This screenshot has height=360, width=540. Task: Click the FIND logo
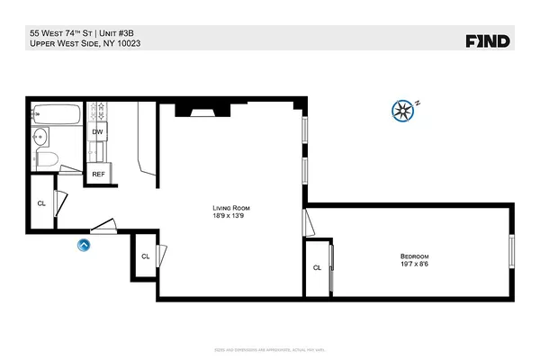(x=488, y=40)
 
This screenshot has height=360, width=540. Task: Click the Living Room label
(x=228, y=207)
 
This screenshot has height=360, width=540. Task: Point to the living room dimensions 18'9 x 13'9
(x=228, y=216)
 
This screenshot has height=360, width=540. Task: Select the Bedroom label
(x=414, y=256)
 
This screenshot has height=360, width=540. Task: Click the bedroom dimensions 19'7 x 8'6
(x=414, y=265)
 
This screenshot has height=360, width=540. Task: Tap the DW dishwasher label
(x=97, y=132)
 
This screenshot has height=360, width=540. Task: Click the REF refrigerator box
(x=98, y=174)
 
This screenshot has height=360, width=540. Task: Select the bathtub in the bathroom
(x=56, y=114)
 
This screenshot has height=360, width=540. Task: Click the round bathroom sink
(x=40, y=139)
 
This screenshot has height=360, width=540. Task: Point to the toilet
(x=46, y=160)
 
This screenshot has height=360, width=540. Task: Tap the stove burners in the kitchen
(x=101, y=111)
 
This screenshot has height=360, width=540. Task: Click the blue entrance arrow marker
(x=84, y=243)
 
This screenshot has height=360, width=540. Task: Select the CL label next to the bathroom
(x=41, y=203)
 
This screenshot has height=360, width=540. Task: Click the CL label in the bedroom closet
(x=317, y=267)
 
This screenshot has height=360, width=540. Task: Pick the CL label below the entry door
(x=145, y=256)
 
